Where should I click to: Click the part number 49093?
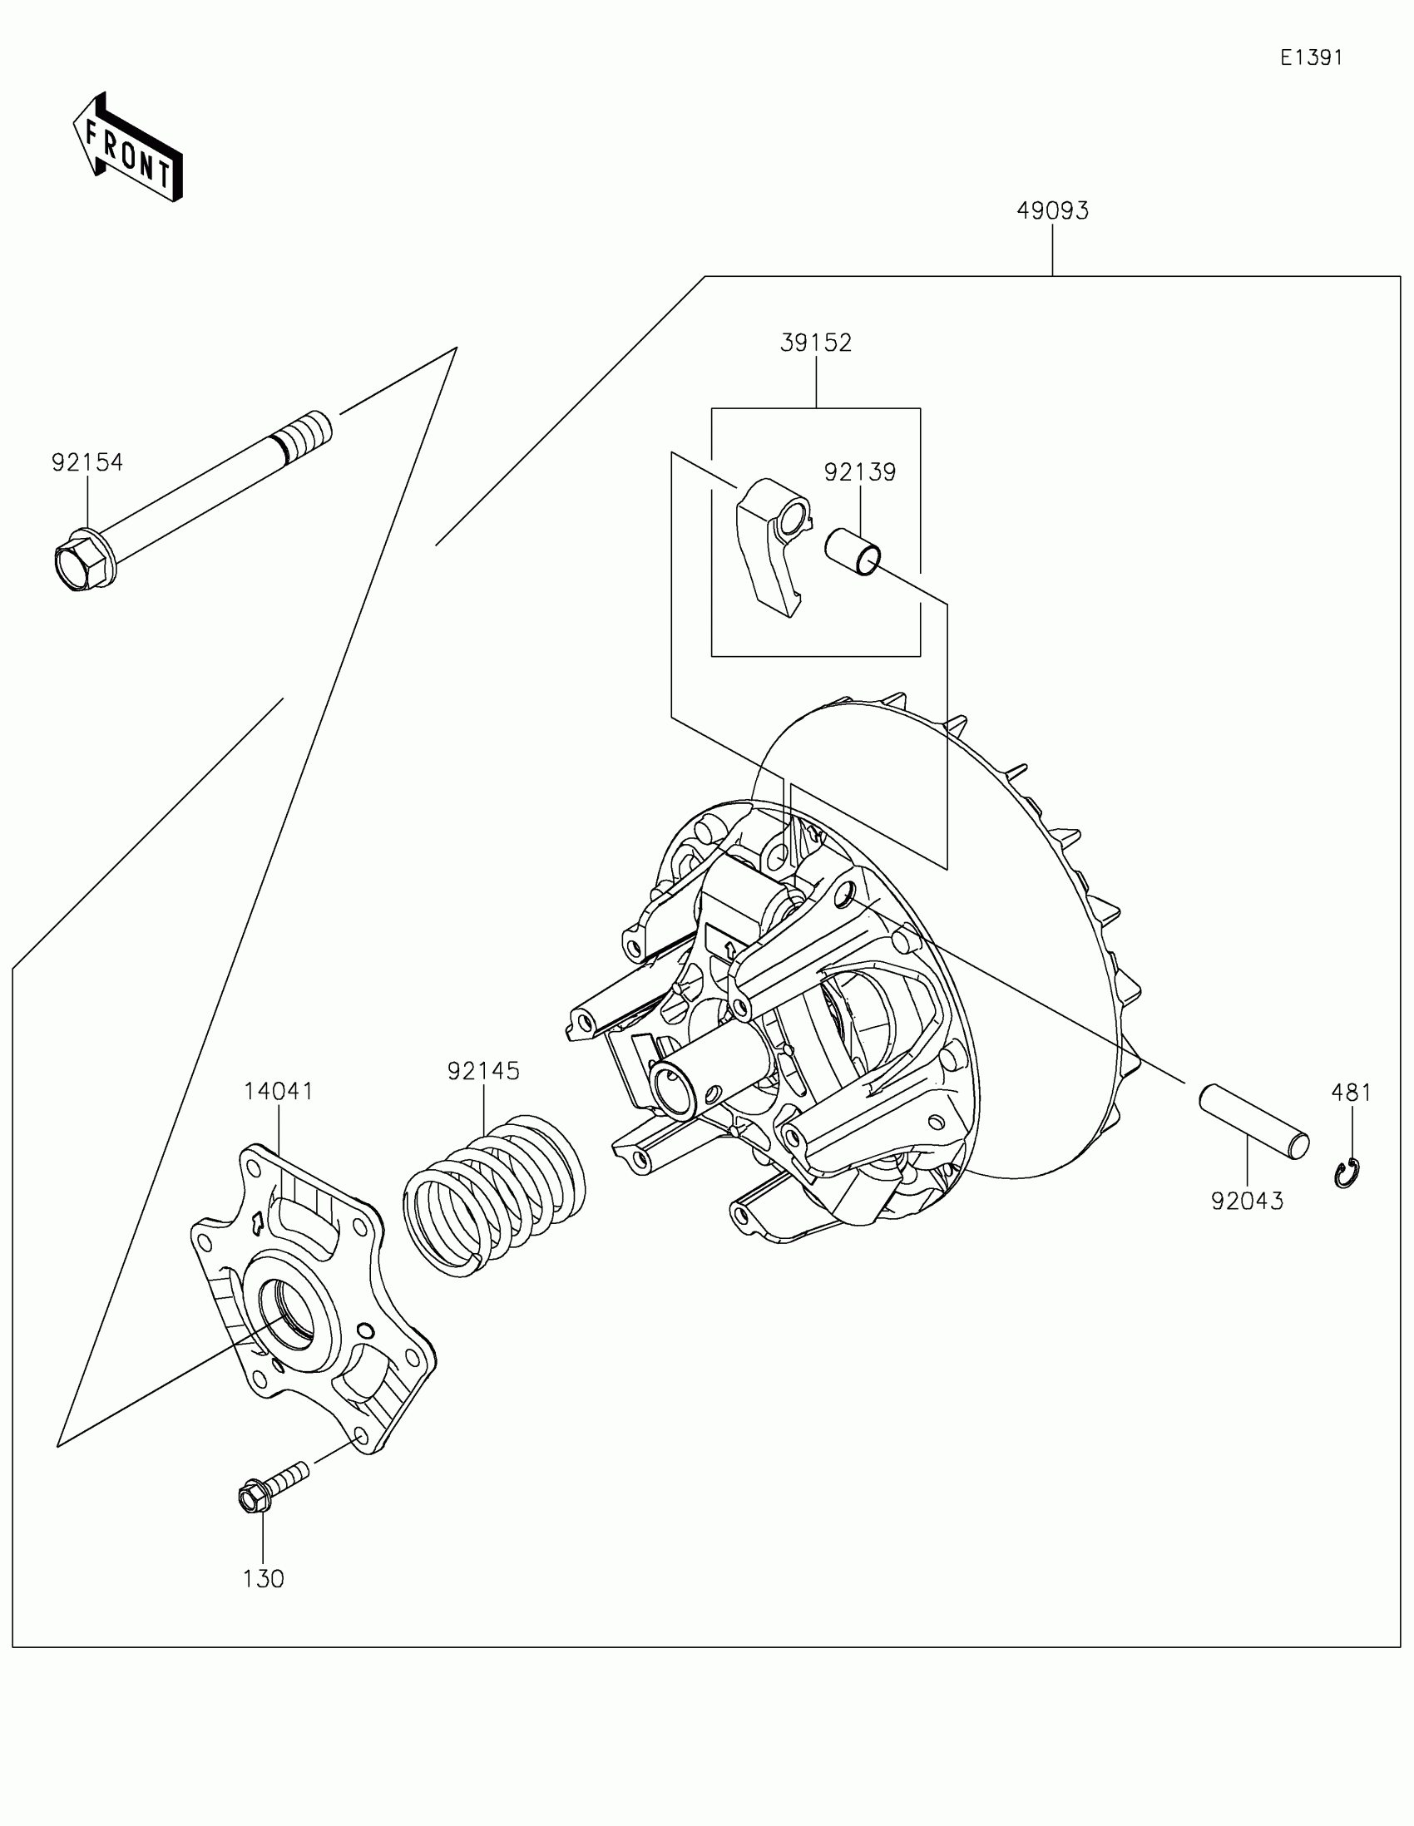point(1052,210)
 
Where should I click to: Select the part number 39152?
point(815,343)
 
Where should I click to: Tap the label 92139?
point(859,472)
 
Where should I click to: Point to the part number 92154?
point(87,462)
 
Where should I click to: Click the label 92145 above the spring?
point(483,1071)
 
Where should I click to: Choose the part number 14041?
point(279,1091)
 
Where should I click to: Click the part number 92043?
point(1247,1201)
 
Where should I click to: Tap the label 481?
point(1352,1093)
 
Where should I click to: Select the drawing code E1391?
point(1311,57)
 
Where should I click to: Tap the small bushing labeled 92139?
point(853,552)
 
